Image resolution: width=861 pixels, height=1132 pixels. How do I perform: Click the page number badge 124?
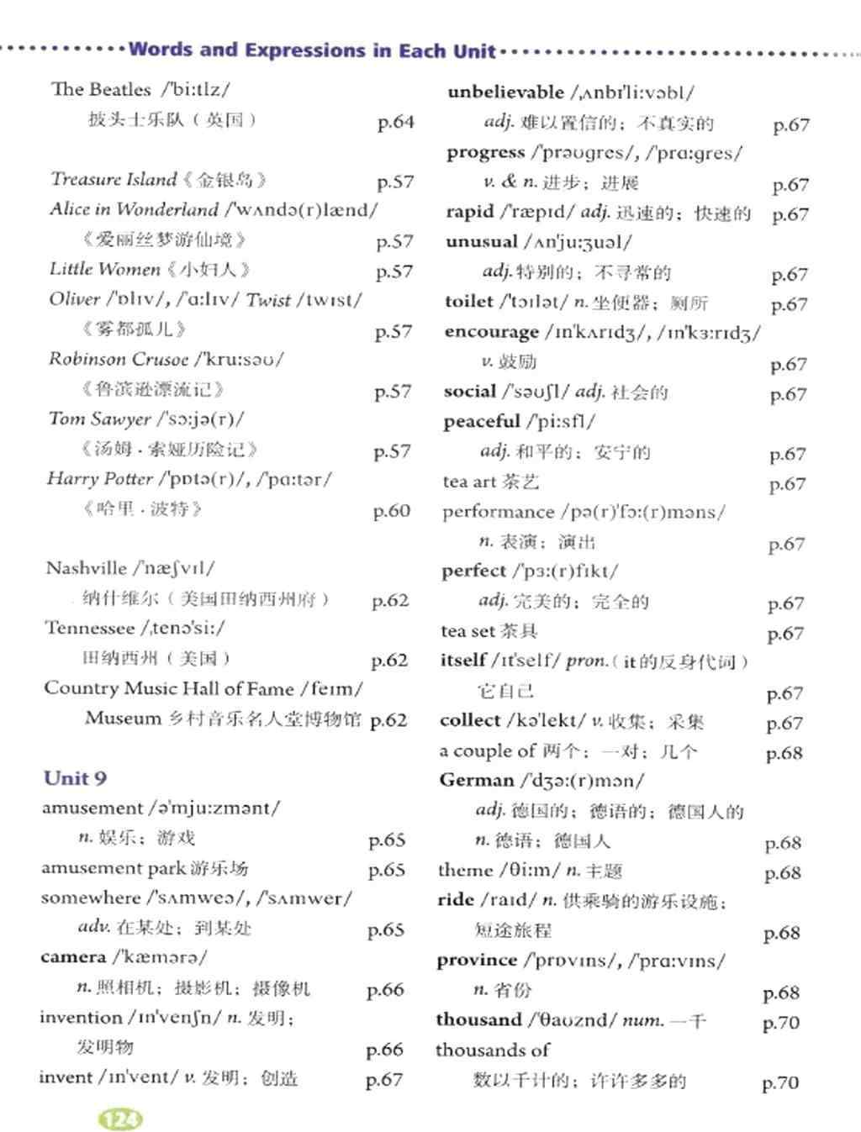pyautogui.click(x=121, y=1119)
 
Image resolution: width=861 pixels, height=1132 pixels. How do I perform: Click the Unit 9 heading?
pyautogui.click(x=75, y=777)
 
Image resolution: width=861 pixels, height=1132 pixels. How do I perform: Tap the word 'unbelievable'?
pyautogui.click(x=505, y=92)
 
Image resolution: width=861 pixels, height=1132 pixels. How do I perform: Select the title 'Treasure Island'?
pyautogui.click(x=113, y=179)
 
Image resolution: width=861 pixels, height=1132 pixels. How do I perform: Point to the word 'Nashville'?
pyautogui.click(x=86, y=568)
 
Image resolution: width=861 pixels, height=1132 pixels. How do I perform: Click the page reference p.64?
pyautogui.click(x=396, y=122)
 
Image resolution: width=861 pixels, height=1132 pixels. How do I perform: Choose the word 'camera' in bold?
pyautogui.click(x=73, y=957)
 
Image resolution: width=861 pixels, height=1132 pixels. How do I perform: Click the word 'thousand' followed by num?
pyautogui.click(x=478, y=1019)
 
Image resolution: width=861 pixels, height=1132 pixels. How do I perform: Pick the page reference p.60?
pyautogui.click(x=392, y=510)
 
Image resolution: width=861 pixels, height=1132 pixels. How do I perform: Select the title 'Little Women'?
pyautogui.click(x=104, y=269)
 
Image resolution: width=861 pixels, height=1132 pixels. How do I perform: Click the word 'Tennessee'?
pyautogui.click(x=89, y=628)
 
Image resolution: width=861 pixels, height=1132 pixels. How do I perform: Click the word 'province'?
pyautogui.click(x=477, y=960)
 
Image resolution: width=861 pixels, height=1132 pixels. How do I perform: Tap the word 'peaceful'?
pyautogui.click(x=482, y=421)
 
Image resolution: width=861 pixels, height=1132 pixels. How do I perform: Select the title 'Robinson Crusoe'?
pyautogui.click(x=118, y=359)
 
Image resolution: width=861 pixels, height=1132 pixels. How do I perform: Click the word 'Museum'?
pyautogui.click(x=123, y=719)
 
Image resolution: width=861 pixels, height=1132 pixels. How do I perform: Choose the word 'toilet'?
pyautogui.click(x=469, y=301)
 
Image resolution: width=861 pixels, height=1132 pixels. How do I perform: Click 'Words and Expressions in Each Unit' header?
pyautogui.click(x=312, y=50)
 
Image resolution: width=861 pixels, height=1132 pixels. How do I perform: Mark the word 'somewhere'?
pyautogui.click(x=90, y=898)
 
